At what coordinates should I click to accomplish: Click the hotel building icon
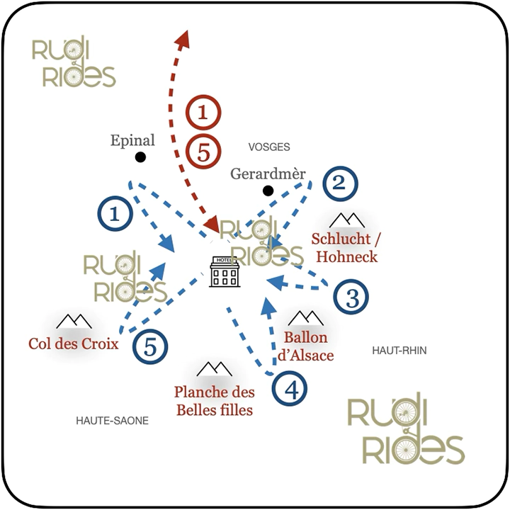coord(225,271)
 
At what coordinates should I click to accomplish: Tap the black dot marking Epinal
coord(140,157)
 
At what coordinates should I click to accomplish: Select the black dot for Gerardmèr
coord(268,191)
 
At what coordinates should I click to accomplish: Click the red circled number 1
coord(203,113)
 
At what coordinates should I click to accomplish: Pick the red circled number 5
coord(203,152)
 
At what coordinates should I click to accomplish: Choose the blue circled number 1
coord(115,214)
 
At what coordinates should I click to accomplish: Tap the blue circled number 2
coord(340,183)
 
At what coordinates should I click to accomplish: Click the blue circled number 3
coord(351,296)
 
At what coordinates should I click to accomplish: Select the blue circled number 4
coord(290,388)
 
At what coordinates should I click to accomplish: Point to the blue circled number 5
coord(151,346)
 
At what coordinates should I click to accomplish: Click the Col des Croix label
coord(74,344)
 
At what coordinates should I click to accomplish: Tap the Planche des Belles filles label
coord(215,401)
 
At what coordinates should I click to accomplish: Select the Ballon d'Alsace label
coord(306,346)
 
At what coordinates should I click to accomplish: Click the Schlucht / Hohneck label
coord(346,248)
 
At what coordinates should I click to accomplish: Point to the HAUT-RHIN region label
coord(399,351)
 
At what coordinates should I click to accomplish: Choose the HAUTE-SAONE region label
coord(112,421)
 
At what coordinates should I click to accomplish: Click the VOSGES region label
coord(269,147)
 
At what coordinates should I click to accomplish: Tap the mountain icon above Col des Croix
coord(74,322)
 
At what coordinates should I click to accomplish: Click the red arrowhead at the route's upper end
coord(183,40)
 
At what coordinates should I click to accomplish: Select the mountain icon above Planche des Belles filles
coord(215,369)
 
